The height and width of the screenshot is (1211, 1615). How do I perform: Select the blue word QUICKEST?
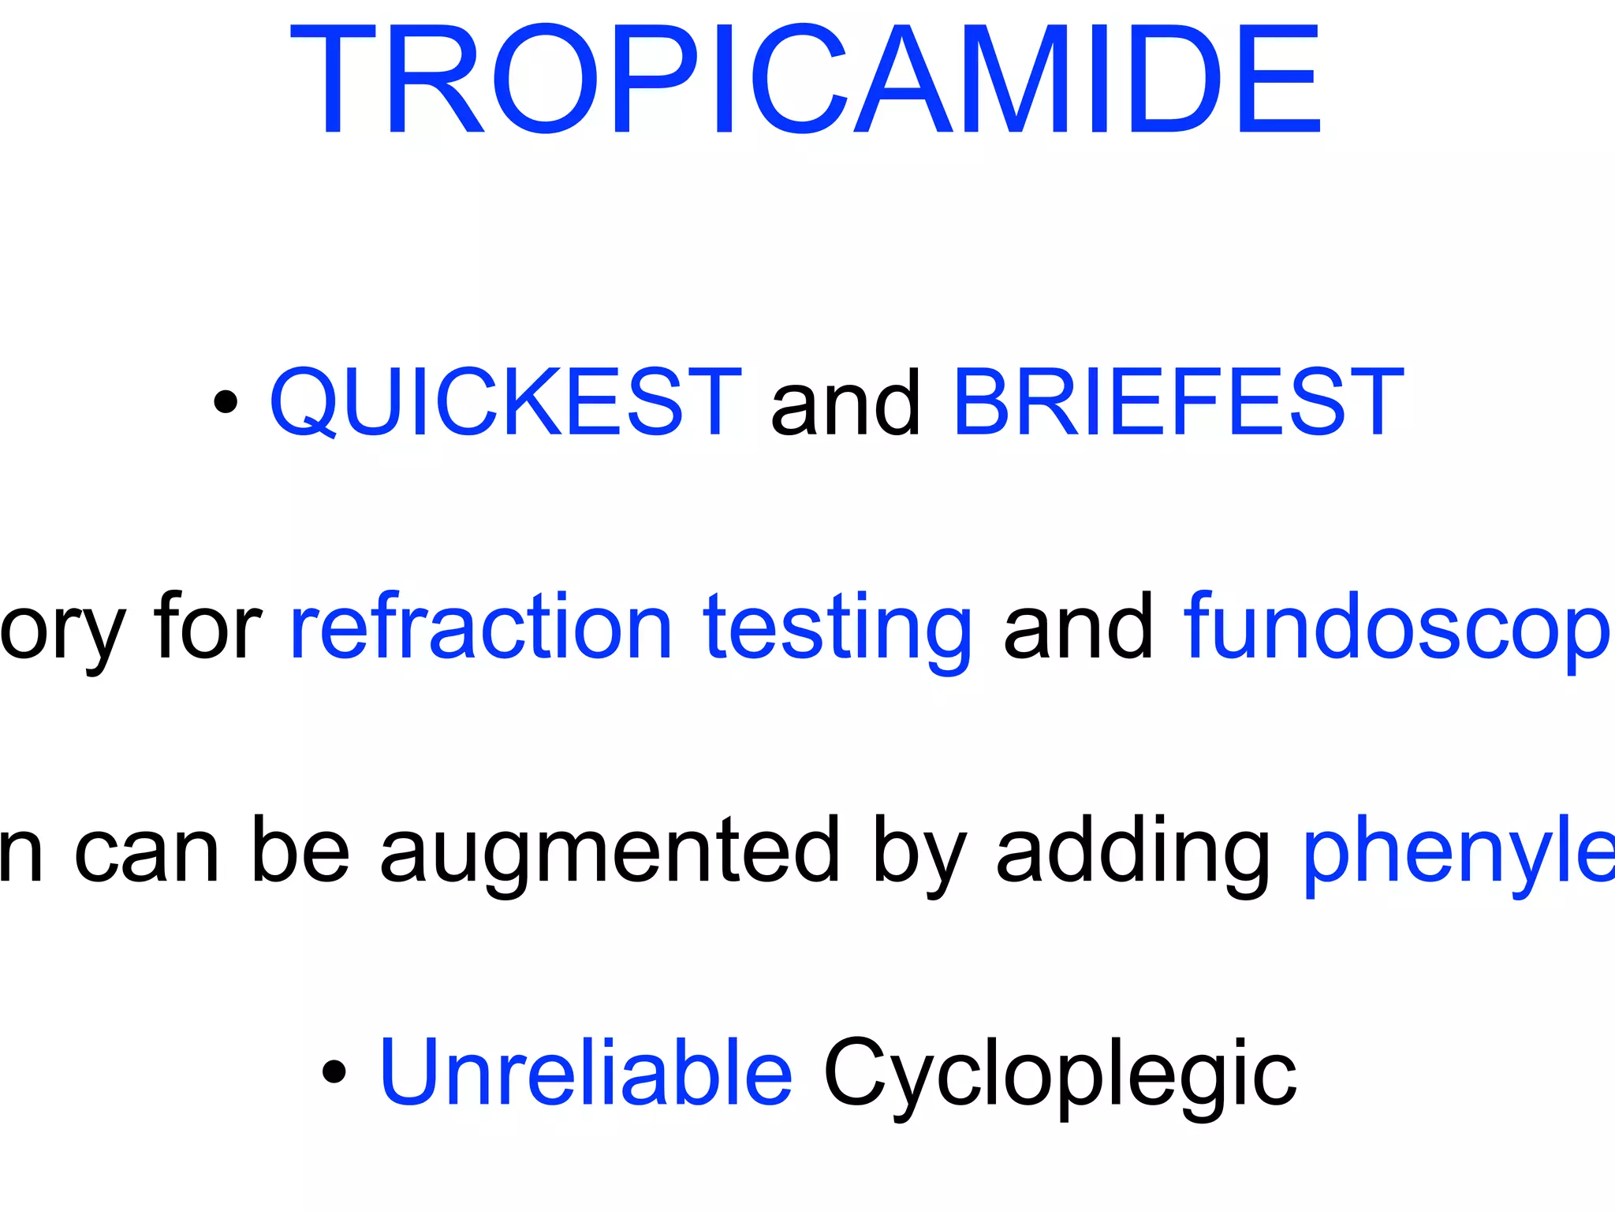[x=505, y=401]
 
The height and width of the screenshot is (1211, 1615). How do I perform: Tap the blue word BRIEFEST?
[x=1178, y=401]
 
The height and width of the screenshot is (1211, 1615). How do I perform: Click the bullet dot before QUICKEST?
[x=226, y=401]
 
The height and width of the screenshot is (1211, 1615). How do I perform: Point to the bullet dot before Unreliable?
[x=334, y=1071]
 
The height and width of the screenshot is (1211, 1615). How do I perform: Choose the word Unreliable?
[x=586, y=1071]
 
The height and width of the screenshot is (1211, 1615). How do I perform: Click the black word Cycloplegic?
[x=1060, y=1076]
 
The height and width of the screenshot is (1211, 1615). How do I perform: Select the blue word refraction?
[x=481, y=627]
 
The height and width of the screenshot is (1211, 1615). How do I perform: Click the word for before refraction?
[x=208, y=627]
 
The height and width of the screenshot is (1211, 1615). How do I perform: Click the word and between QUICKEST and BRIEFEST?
[x=846, y=403]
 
